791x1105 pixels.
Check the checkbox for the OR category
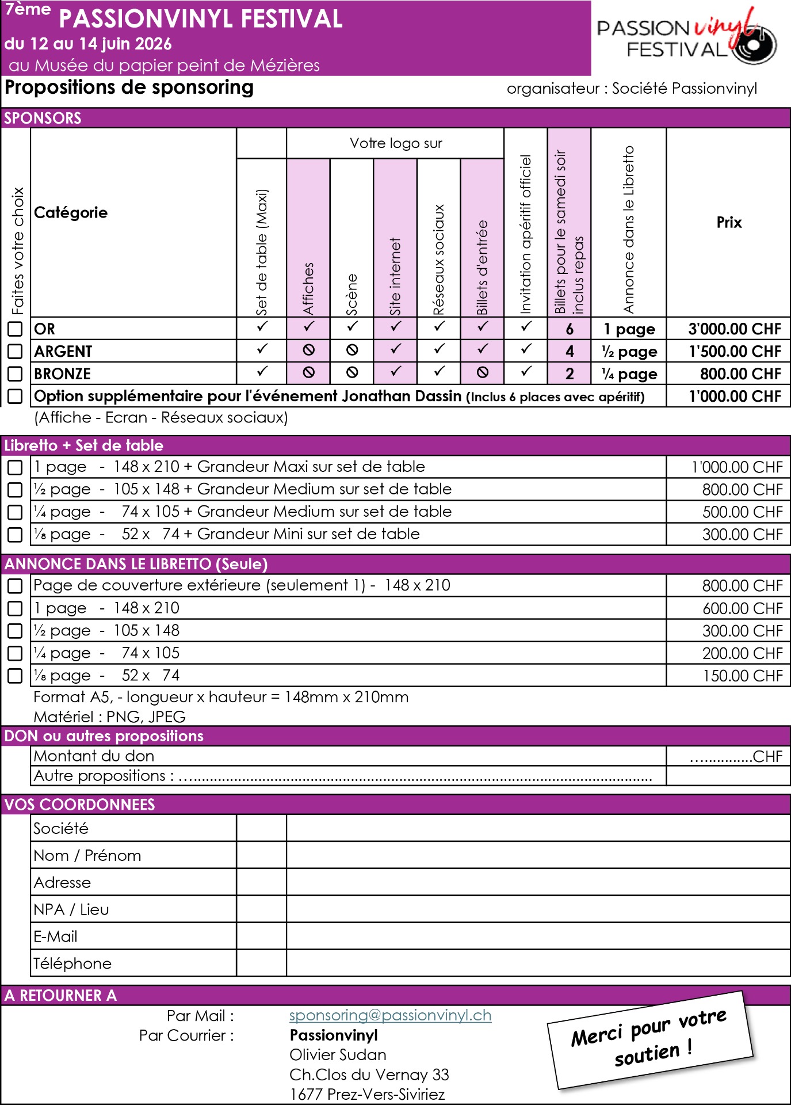[x=15, y=329]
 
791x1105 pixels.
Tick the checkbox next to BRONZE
[x=15, y=374]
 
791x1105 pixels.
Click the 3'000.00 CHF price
[x=734, y=329]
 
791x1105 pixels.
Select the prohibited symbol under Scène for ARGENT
[x=352, y=350]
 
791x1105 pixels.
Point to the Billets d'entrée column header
[x=482, y=268]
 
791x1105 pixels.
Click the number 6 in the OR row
[x=570, y=329]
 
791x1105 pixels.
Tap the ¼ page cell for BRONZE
[x=629, y=374]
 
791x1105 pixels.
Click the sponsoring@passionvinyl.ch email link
[x=390, y=1015]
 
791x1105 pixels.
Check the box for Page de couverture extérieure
[x=15, y=586]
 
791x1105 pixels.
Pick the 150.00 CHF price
[x=742, y=676]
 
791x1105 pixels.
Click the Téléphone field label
[x=72, y=963]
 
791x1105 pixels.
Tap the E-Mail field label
[x=55, y=936]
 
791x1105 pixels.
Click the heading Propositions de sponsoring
[x=129, y=87]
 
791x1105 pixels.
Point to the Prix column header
[x=729, y=222]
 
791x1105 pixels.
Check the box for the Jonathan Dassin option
[x=15, y=396]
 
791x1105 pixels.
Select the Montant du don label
[x=94, y=756]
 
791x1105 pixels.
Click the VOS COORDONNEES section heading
[x=79, y=804]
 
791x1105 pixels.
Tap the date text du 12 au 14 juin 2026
[x=88, y=44]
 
